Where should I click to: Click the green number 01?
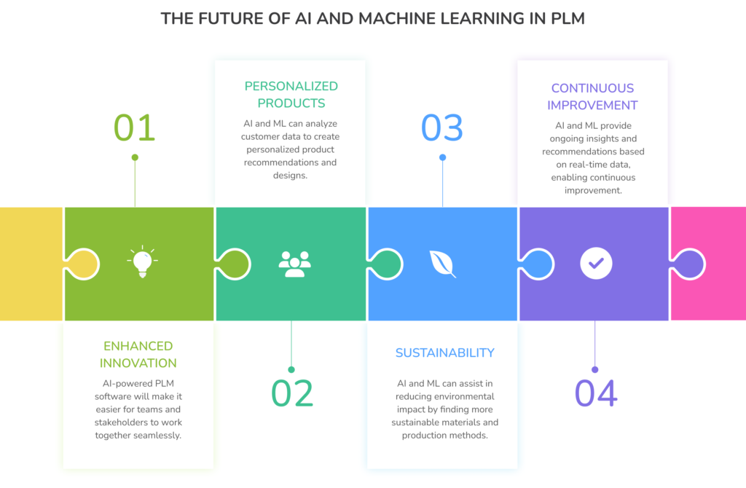point(135,127)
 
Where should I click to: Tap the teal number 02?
point(292,393)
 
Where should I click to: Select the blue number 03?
point(442,127)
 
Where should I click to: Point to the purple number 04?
point(596,393)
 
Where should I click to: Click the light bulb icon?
point(142,262)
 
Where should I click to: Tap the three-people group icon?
point(294,264)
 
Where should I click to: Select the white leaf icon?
point(442,264)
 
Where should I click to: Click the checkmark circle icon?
point(596,264)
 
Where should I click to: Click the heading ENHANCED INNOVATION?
point(138,354)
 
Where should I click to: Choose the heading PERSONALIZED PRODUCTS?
point(291,95)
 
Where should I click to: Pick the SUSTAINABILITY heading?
point(444,353)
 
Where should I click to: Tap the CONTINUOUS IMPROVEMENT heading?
point(593,96)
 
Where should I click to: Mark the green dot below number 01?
point(135,157)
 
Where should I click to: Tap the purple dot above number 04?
point(594,369)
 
